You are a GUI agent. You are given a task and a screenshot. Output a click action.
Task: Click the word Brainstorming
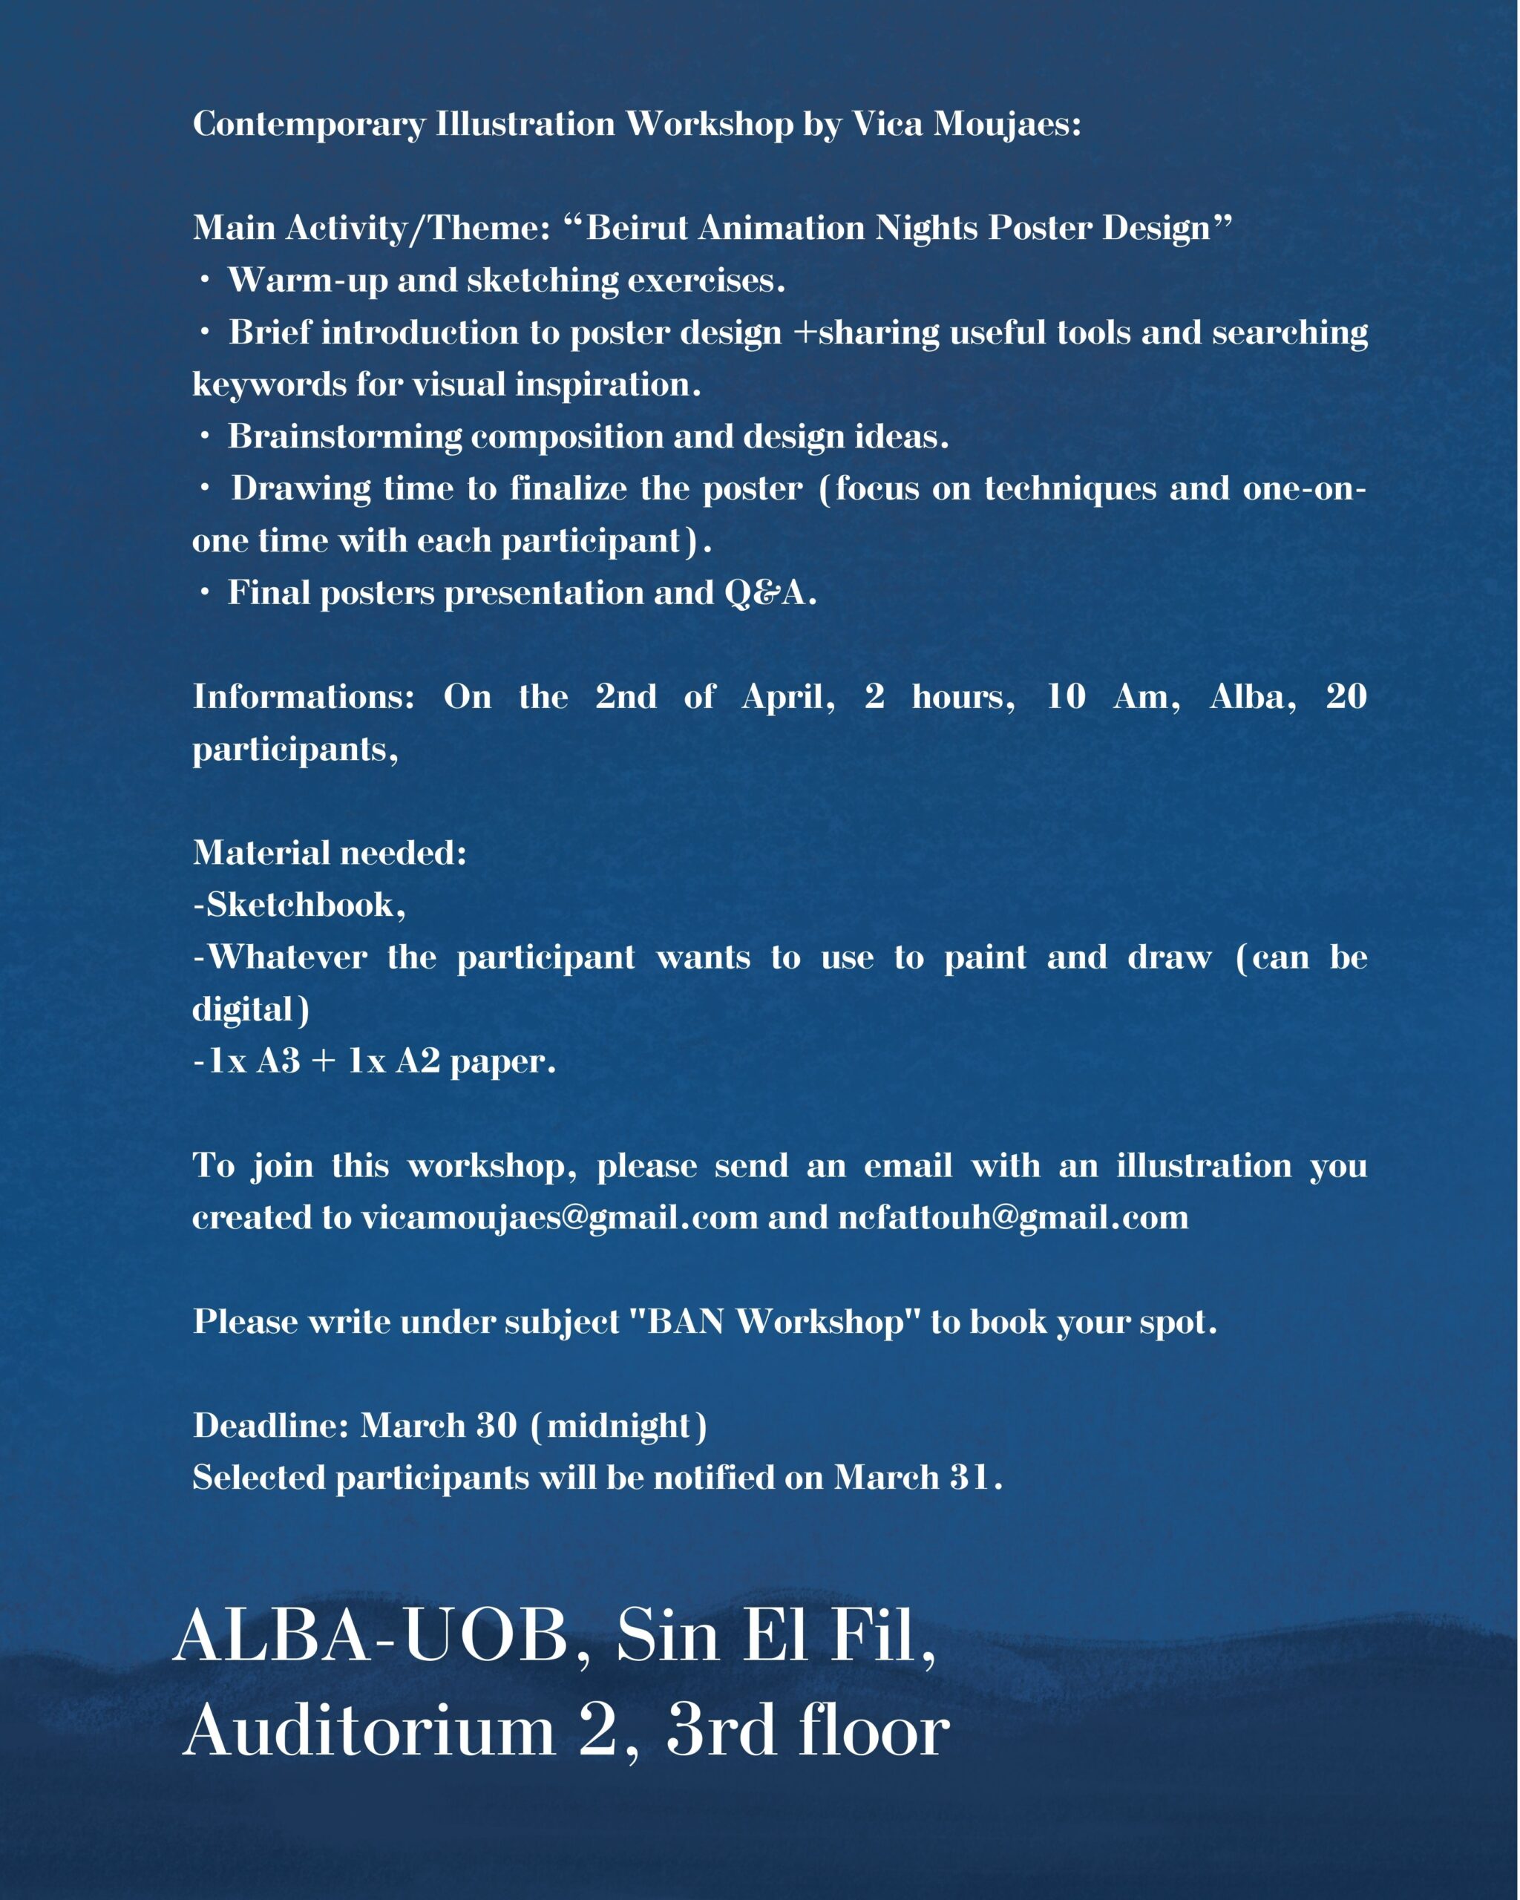tap(344, 436)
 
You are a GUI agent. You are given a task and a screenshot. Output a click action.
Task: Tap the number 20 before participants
tap(1346, 696)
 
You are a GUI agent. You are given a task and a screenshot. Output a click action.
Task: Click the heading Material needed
tap(330, 852)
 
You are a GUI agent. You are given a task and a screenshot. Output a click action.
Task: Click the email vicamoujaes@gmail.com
tap(560, 1217)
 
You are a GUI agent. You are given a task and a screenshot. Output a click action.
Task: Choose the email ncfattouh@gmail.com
tap(1013, 1217)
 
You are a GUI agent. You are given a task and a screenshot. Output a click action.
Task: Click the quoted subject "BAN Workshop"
tap(776, 1321)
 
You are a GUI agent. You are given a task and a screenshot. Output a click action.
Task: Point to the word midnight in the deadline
tap(618, 1425)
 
